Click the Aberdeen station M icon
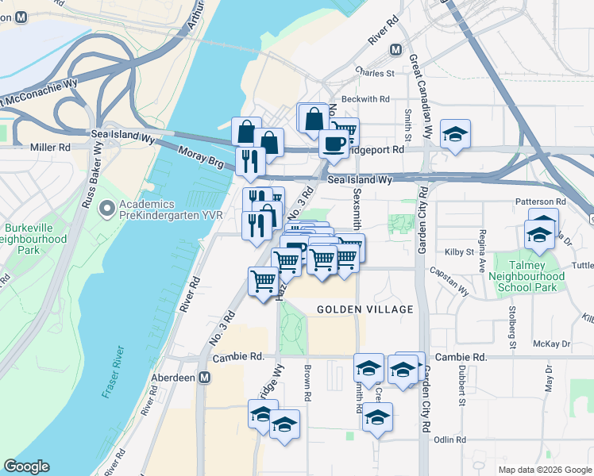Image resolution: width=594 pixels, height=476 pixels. click(x=205, y=378)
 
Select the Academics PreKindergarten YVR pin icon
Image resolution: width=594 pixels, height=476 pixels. click(x=107, y=209)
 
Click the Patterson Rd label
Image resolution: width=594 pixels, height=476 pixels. click(x=540, y=202)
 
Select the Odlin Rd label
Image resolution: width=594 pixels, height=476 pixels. click(x=449, y=439)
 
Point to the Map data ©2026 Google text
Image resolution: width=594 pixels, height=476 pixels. click(x=545, y=470)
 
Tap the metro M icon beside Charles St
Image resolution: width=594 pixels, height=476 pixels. click(x=395, y=49)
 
